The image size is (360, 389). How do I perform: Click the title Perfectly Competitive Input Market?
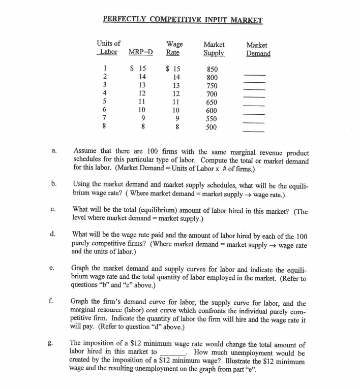tap(183, 20)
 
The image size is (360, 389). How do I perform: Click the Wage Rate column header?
tap(174, 49)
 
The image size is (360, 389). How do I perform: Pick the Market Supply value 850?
tap(213, 69)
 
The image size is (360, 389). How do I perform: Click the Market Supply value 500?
tap(213, 127)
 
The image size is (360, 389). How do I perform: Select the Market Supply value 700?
tap(213, 94)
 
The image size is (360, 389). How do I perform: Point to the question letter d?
tap(53, 234)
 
